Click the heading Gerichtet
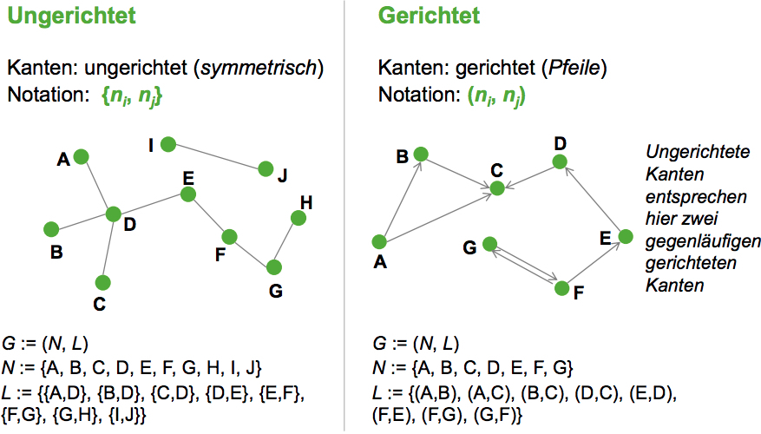(x=429, y=16)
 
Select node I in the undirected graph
(x=167, y=144)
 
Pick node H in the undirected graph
(x=298, y=218)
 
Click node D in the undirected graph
(x=113, y=214)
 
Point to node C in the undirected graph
(x=102, y=282)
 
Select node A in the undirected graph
(x=81, y=156)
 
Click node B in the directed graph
(x=421, y=155)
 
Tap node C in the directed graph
(x=497, y=187)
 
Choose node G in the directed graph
(x=490, y=245)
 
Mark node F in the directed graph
(x=561, y=288)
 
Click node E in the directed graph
(x=624, y=236)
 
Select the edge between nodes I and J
(x=217, y=157)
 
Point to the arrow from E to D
(x=593, y=199)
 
